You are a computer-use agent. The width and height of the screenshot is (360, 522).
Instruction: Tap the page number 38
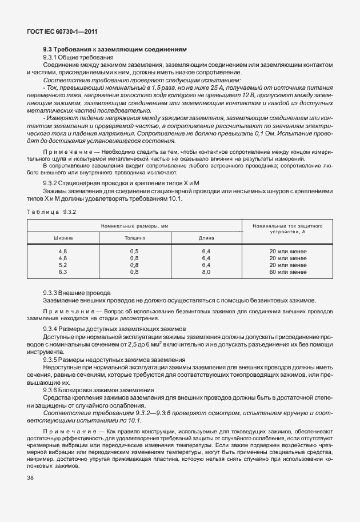(30, 478)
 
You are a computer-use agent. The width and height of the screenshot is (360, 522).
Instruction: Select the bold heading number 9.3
(48, 50)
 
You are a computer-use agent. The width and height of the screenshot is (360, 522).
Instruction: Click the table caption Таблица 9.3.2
(51, 212)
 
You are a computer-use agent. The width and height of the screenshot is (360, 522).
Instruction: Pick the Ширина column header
(63, 237)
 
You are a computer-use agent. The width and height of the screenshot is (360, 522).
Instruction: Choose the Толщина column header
(135, 237)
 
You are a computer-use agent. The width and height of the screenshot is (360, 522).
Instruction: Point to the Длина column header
(206, 237)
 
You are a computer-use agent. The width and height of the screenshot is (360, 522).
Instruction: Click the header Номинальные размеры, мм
(135, 226)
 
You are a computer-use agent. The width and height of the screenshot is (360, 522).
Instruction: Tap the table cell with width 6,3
(63, 272)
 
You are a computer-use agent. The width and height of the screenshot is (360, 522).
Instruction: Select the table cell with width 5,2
(63, 265)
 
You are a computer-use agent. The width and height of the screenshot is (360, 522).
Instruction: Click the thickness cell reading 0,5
(135, 252)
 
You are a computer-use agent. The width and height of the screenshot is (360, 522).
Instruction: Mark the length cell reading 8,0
(206, 272)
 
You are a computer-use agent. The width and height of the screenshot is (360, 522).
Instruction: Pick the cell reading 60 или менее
(288, 272)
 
